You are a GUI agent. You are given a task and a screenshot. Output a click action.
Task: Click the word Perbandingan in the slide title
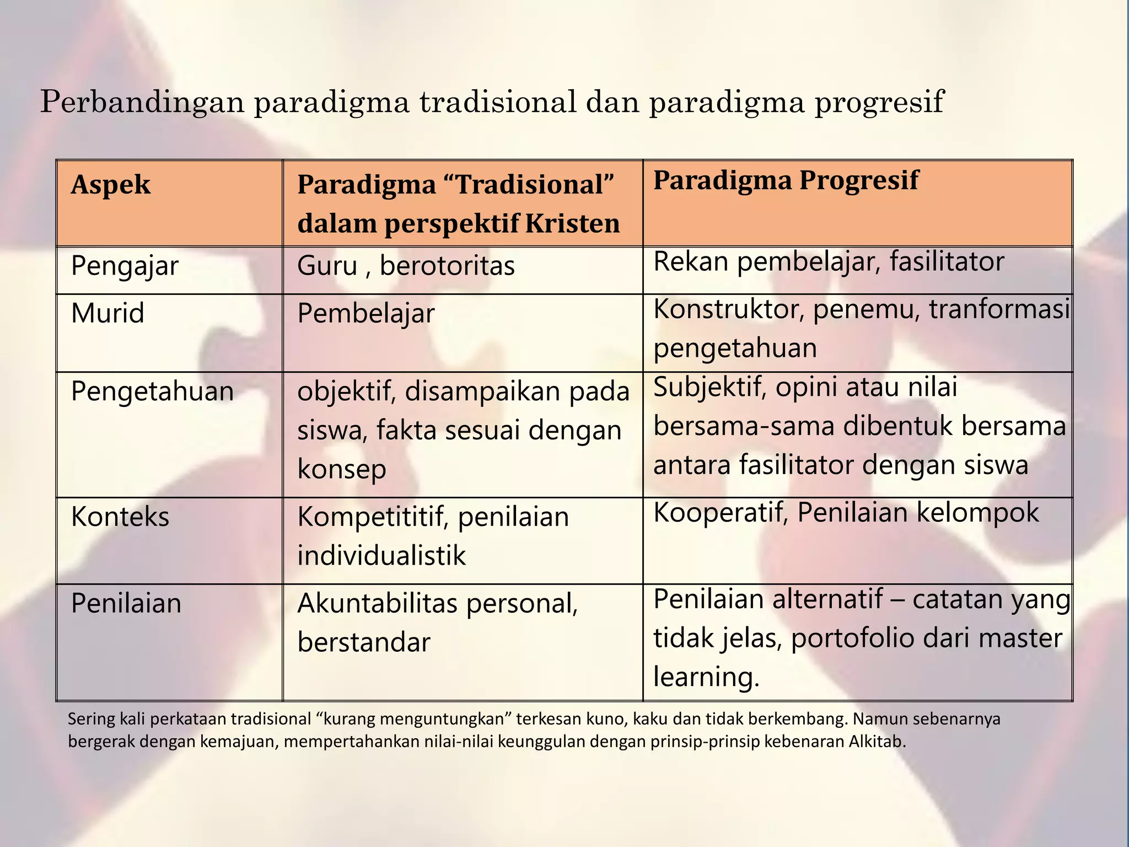(x=142, y=103)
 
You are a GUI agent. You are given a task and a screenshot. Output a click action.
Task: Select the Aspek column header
(x=110, y=185)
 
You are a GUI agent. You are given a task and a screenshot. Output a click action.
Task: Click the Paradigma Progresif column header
(x=786, y=180)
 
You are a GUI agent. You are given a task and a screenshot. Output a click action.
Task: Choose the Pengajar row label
(x=125, y=266)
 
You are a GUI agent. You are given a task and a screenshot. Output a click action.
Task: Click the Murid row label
(x=107, y=313)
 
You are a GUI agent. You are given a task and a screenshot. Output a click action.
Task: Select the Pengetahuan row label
(x=152, y=392)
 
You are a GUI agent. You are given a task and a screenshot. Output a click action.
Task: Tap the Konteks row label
(x=120, y=517)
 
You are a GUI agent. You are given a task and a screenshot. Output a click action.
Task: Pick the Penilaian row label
(x=126, y=603)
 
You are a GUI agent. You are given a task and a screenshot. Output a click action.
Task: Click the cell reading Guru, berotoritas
(x=406, y=266)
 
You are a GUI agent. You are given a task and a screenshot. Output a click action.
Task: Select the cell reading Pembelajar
(x=366, y=314)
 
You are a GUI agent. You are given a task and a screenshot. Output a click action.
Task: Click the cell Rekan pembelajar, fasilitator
(x=829, y=262)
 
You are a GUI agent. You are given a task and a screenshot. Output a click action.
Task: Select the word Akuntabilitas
(x=378, y=604)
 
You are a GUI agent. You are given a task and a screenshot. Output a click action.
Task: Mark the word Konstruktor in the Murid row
(x=725, y=309)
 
